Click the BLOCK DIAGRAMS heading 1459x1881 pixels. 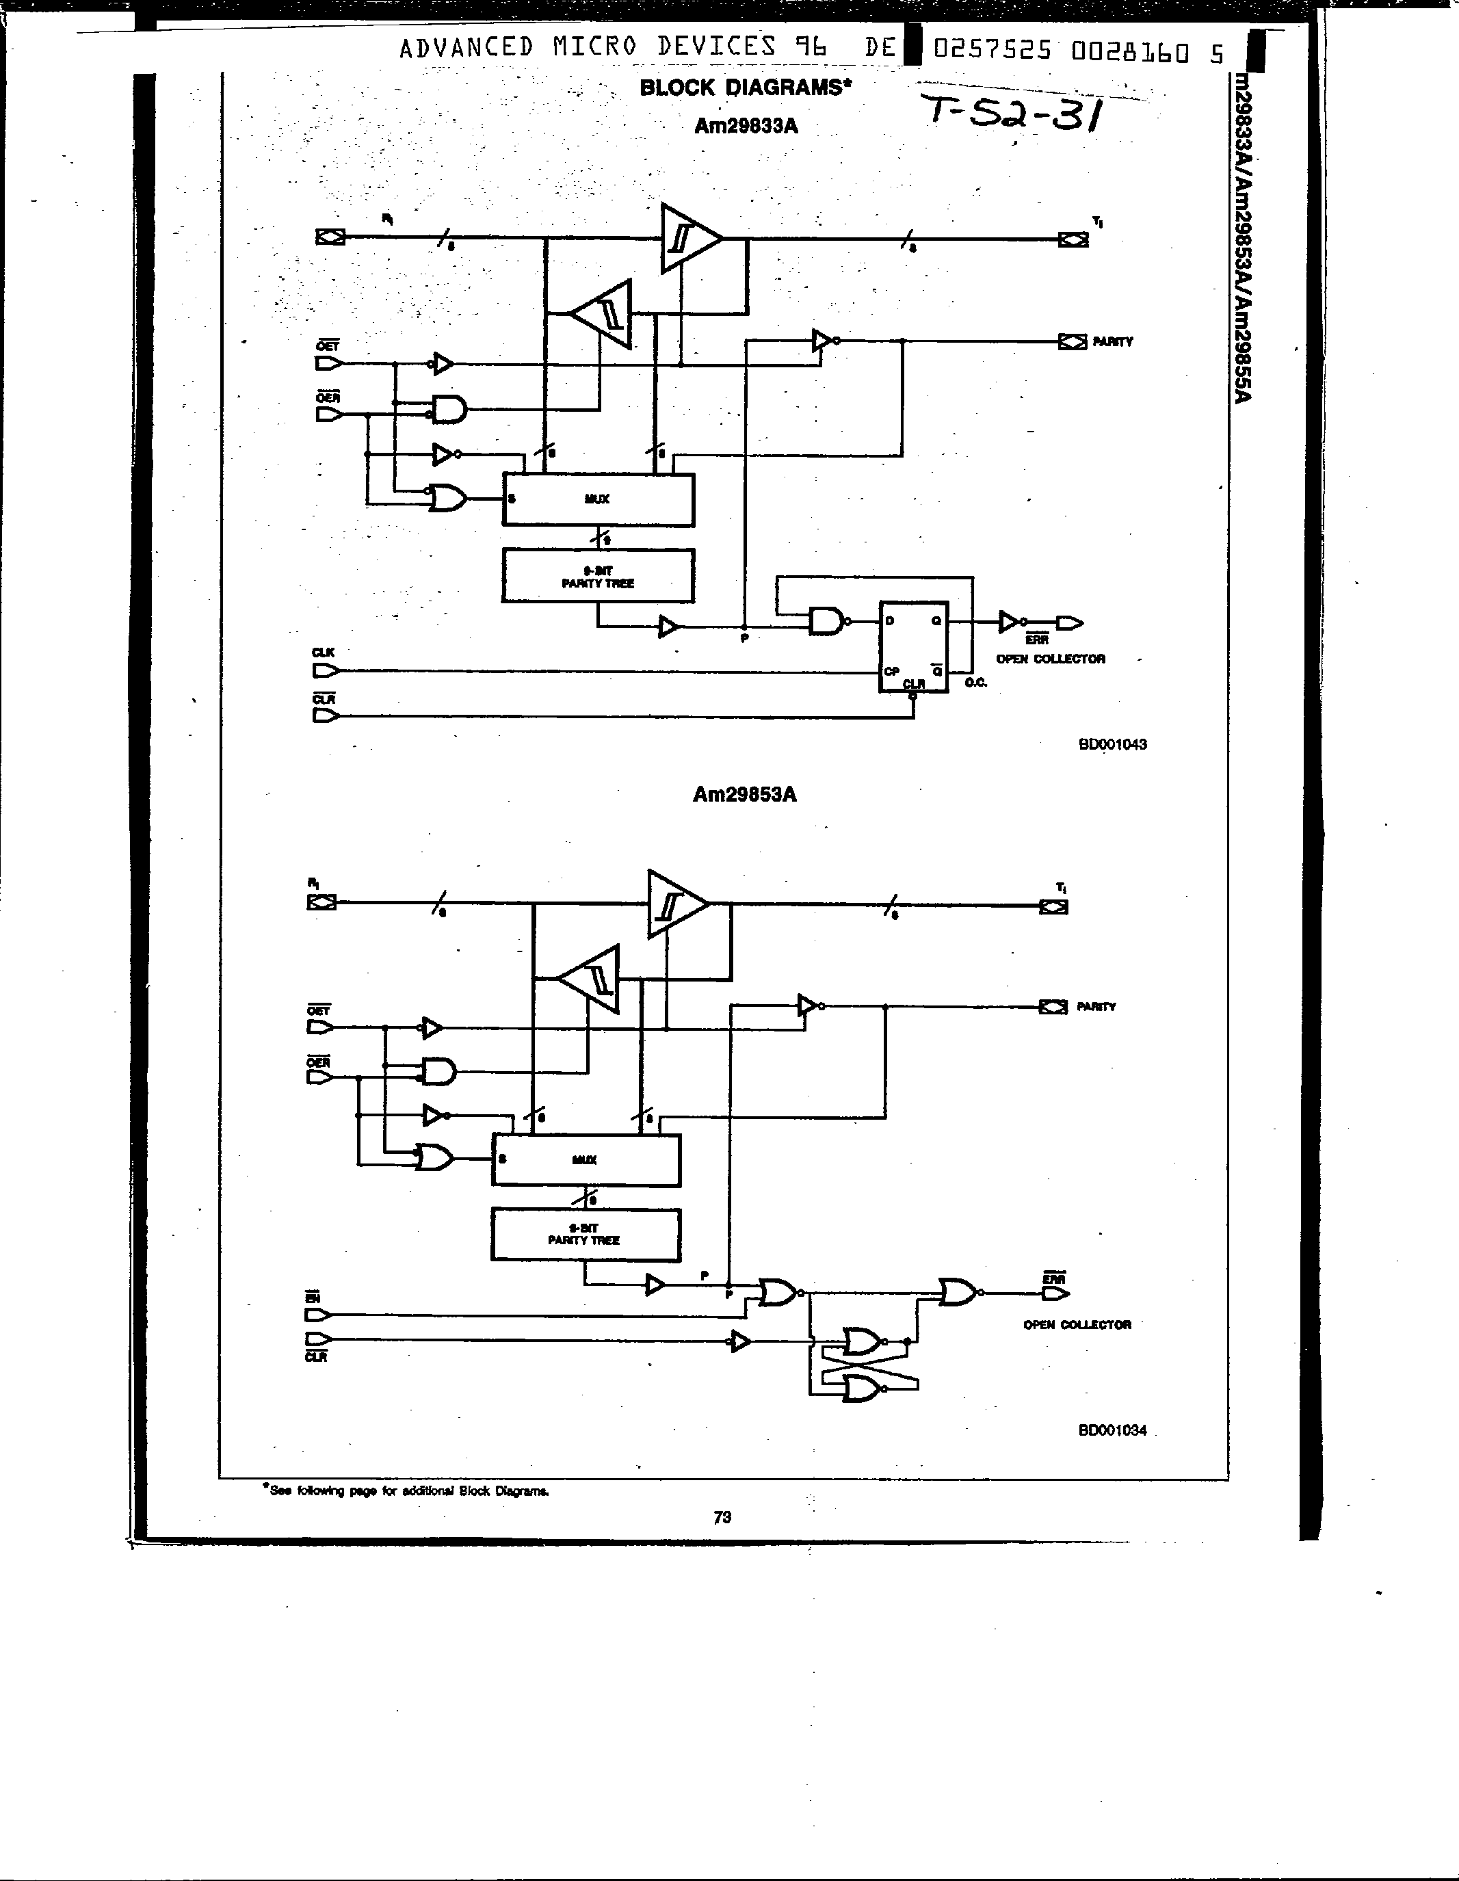click(x=745, y=87)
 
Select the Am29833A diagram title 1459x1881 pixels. click(x=746, y=127)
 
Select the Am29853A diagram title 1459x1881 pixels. click(x=744, y=794)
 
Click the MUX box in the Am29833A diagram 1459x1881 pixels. click(x=598, y=499)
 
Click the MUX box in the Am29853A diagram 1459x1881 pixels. click(x=585, y=1160)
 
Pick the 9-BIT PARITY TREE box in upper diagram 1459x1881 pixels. click(x=598, y=576)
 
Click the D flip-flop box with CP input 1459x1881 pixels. click(x=913, y=646)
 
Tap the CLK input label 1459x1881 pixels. click(x=323, y=653)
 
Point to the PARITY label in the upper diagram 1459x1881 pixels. click(x=1113, y=342)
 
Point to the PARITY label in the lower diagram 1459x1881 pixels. click(x=1096, y=1006)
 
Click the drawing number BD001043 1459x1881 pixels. click(x=1112, y=744)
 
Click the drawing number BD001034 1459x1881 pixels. click(x=1112, y=1430)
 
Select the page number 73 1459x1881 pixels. click(x=722, y=1518)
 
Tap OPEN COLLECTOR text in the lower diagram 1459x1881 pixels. click(x=1077, y=1325)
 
